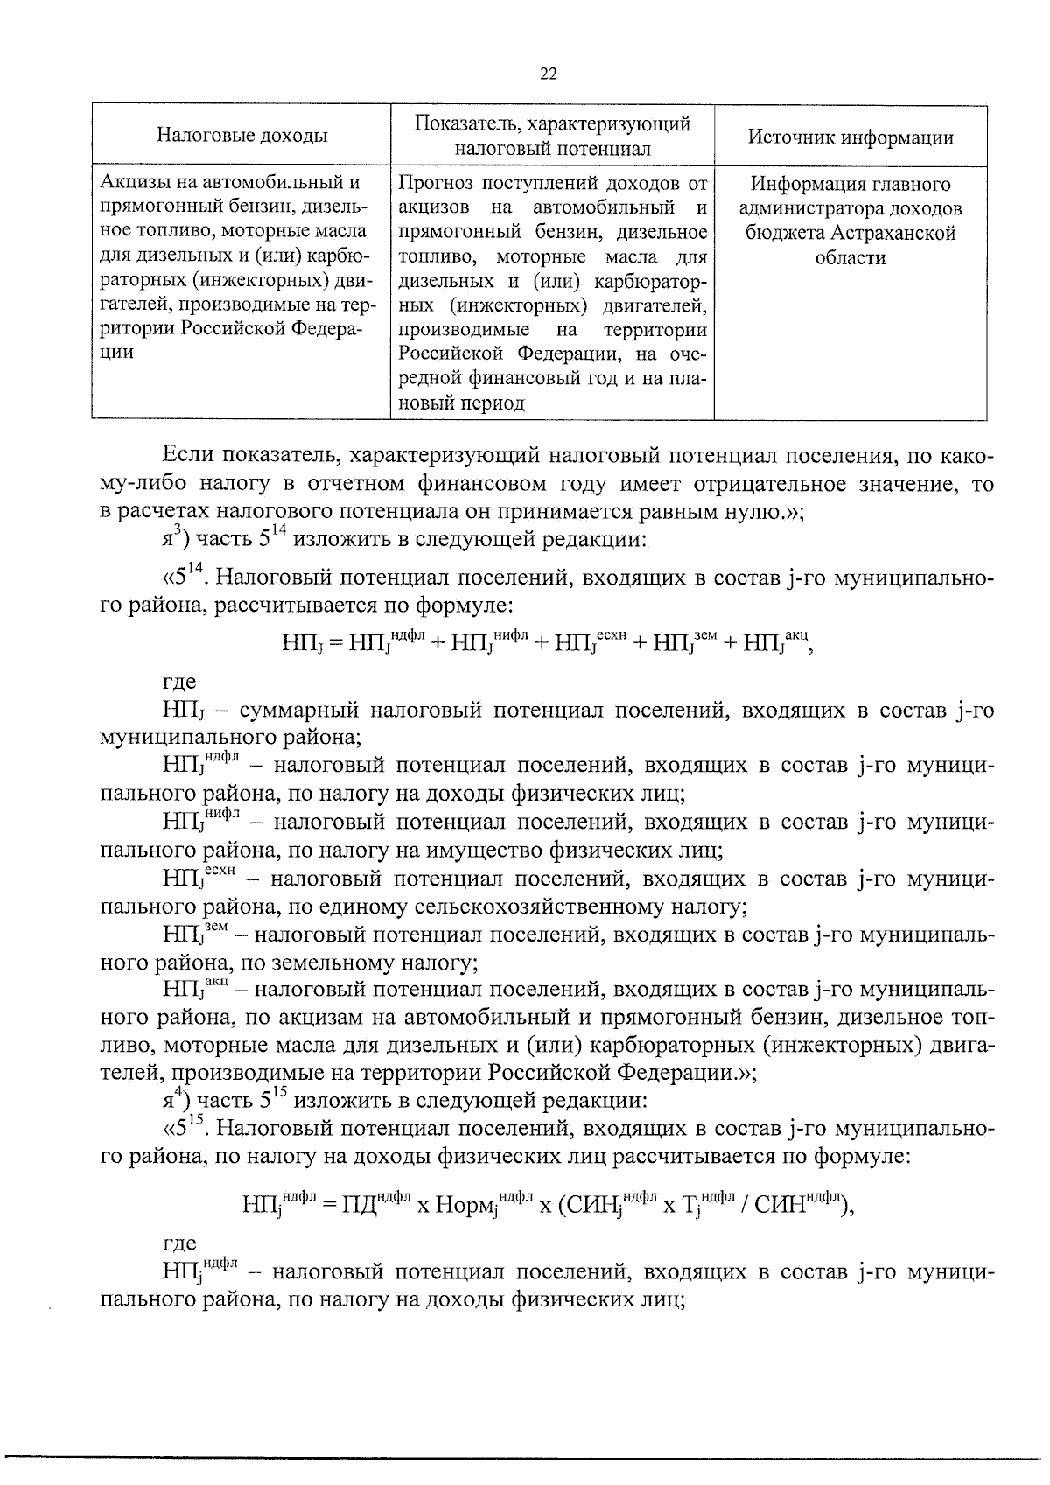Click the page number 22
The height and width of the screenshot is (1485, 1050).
pos(549,74)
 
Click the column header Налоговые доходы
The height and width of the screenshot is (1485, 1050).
pos(242,136)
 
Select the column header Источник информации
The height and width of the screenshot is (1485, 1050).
pos(850,137)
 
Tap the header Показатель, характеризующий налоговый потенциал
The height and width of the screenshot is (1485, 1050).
pos(552,136)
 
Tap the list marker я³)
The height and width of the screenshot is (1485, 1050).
pos(177,539)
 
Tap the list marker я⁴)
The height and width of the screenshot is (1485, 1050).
pos(177,1098)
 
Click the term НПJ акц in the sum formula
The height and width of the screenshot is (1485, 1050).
pos(776,645)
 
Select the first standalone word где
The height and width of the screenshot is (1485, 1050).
pos(180,683)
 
